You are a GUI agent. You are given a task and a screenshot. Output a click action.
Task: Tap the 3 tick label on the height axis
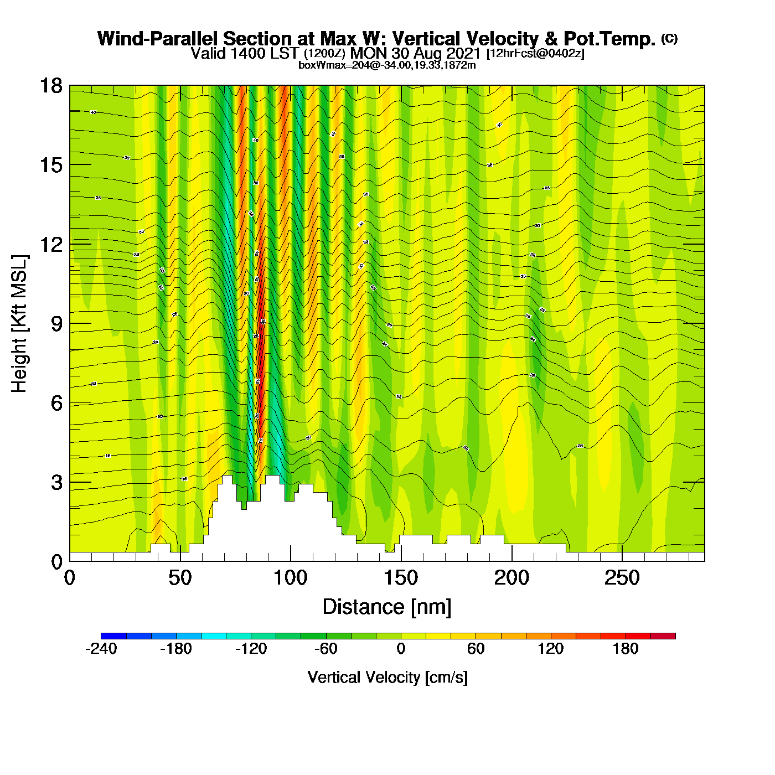click(x=57, y=483)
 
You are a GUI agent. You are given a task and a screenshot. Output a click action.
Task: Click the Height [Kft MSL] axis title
click(x=19, y=324)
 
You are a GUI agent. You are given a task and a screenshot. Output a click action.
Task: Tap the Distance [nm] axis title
click(x=387, y=607)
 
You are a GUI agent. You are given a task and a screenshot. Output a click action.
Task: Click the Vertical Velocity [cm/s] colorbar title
click(x=387, y=677)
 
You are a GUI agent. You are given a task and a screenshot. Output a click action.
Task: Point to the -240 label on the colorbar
click(x=101, y=649)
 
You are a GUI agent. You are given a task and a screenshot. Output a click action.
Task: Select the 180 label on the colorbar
click(x=626, y=649)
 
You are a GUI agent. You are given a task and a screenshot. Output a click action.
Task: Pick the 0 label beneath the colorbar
click(x=401, y=649)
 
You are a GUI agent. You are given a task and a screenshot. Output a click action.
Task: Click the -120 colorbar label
click(x=251, y=649)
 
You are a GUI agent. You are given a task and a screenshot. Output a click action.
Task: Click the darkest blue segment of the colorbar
click(x=113, y=635)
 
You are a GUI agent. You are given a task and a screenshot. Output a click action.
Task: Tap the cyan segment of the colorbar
click(x=214, y=635)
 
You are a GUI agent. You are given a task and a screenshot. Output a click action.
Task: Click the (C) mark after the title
click(x=669, y=38)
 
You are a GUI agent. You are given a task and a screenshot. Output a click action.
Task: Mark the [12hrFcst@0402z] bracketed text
click(x=535, y=54)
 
